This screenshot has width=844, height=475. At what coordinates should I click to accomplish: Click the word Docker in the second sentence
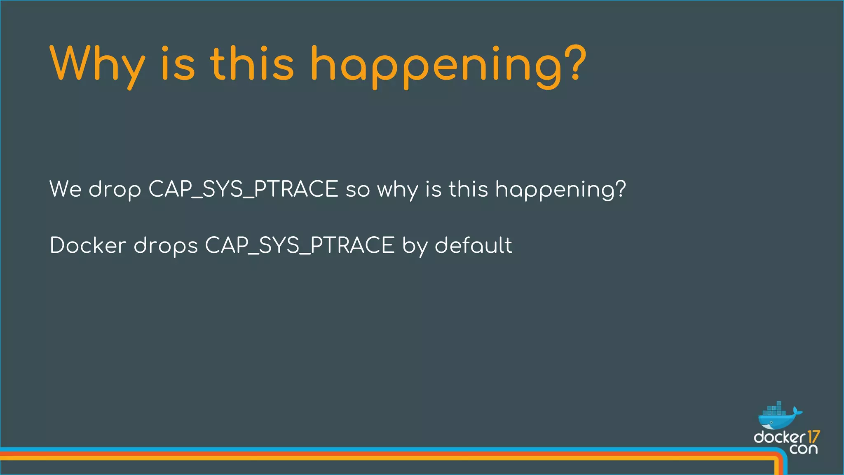(x=87, y=245)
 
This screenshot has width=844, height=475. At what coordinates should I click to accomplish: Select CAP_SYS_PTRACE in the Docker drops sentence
(x=300, y=245)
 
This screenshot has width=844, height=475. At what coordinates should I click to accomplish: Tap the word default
(x=473, y=245)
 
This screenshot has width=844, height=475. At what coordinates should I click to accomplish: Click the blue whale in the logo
(x=775, y=421)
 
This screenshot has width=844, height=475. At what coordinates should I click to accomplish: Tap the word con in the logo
(x=803, y=449)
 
